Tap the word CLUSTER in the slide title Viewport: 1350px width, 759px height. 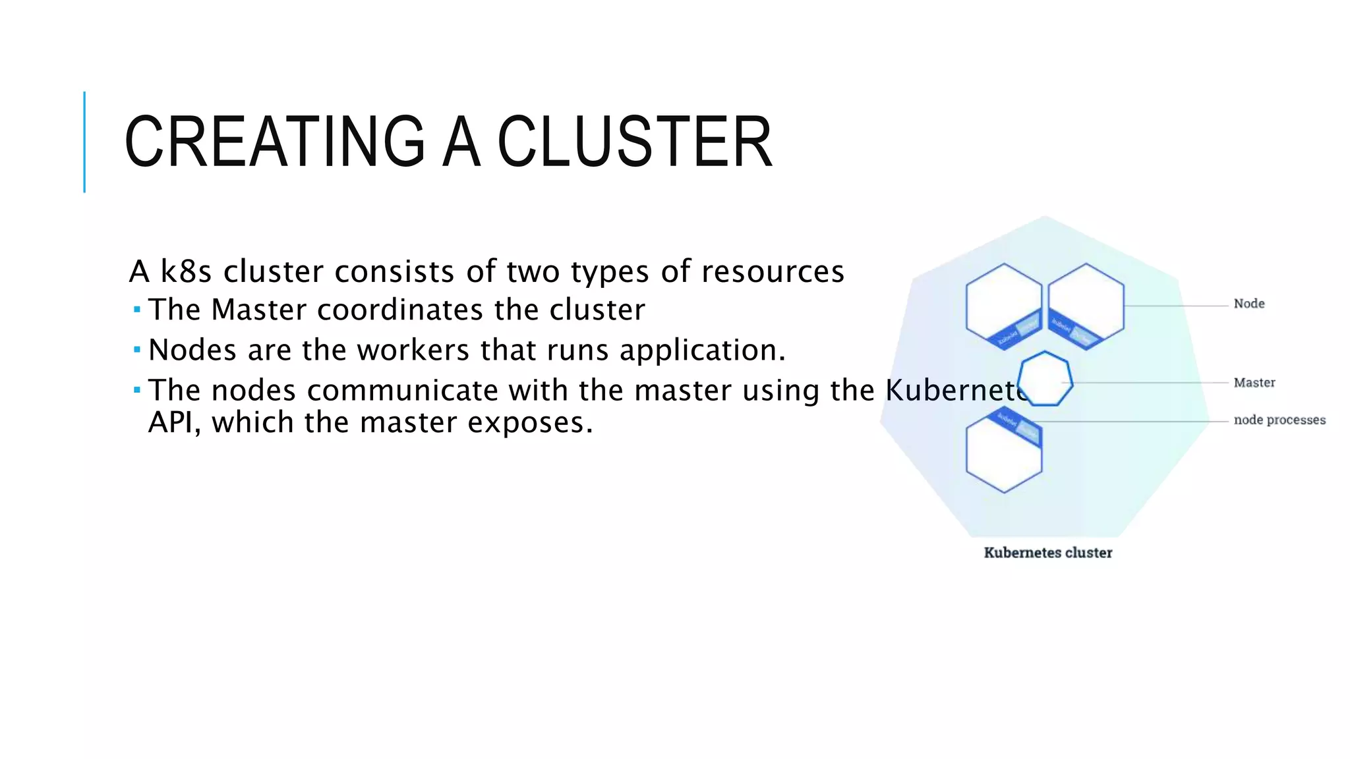click(x=634, y=142)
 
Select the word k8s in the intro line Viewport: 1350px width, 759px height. click(x=187, y=271)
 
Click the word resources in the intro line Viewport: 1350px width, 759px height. click(x=773, y=271)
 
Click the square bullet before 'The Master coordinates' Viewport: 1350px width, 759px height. click(x=136, y=309)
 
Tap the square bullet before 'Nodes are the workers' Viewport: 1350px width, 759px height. click(x=136, y=349)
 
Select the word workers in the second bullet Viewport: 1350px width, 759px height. click(x=413, y=350)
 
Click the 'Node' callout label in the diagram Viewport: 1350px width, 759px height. click(x=1249, y=304)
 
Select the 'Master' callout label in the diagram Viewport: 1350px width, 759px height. click(x=1254, y=383)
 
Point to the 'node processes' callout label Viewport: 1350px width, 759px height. click(x=1279, y=420)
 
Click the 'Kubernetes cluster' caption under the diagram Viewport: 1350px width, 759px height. click(x=1048, y=553)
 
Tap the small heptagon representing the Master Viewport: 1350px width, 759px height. click(x=1045, y=379)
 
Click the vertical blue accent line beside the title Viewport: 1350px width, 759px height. click(x=84, y=142)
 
